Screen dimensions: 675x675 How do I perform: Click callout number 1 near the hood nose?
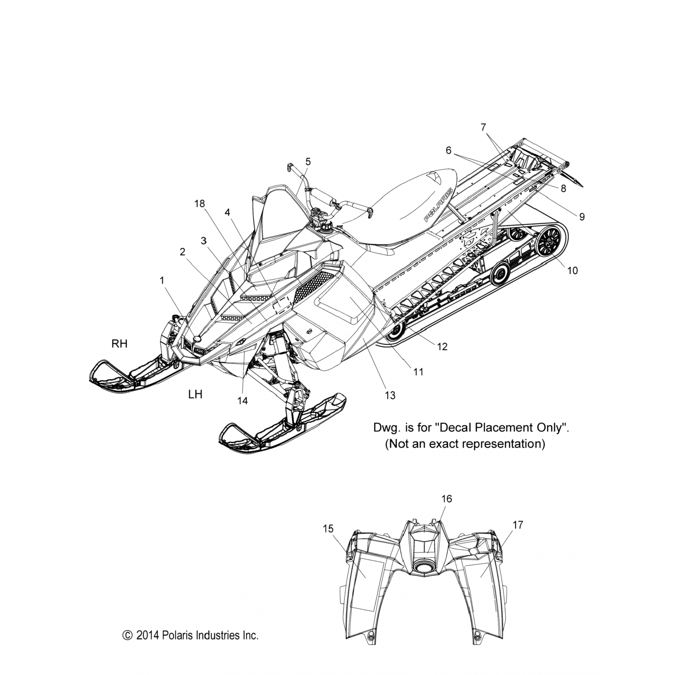point(162,280)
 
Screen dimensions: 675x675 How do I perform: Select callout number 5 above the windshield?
point(308,161)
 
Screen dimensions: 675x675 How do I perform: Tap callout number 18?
point(199,204)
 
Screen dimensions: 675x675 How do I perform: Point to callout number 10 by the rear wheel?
point(572,270)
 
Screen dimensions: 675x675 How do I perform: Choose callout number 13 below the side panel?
point(390,395)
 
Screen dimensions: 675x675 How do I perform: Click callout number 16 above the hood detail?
point(446,499)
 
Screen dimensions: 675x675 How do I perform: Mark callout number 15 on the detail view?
point(328,529)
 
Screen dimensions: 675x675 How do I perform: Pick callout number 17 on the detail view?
point(517,525)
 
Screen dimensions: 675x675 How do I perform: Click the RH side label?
point(120,344)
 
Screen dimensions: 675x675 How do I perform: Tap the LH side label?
point(195,395)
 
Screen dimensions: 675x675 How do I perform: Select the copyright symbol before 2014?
point(127,635)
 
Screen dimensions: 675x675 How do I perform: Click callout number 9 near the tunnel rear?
point(581,217)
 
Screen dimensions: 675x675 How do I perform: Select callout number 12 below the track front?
point(442,346)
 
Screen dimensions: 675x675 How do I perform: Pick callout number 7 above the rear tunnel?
point(483,127)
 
